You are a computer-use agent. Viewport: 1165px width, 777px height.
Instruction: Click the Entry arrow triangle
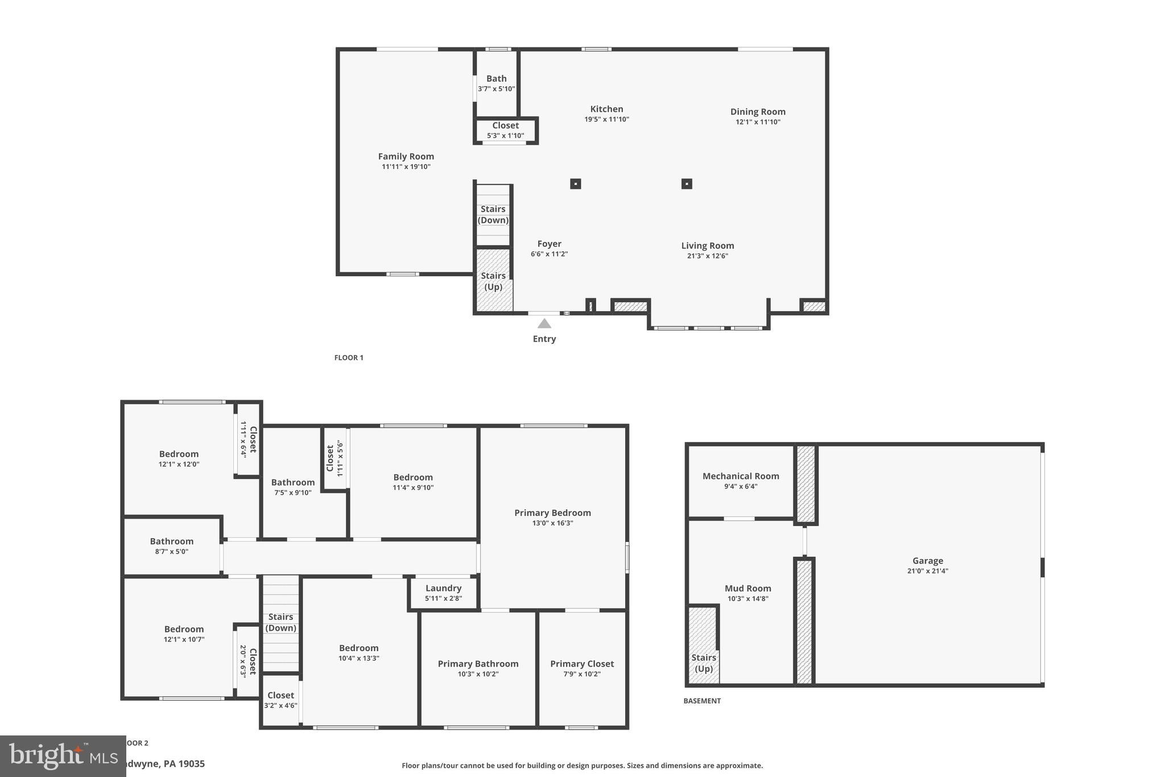click(544, 323)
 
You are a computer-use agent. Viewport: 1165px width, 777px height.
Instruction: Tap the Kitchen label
click(606, 109)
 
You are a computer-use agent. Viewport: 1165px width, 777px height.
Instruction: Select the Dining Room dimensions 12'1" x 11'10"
click(758, 122)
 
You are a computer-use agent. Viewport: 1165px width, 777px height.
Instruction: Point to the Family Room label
click(406, 156)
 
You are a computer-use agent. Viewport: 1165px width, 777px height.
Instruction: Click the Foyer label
click(549, 244)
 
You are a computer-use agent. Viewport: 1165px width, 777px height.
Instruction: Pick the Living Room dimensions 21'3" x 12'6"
click(707, 256)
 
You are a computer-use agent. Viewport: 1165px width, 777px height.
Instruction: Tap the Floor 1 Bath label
click(496, 79)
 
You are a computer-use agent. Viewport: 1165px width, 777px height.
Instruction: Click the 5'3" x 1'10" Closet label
click(505, 125)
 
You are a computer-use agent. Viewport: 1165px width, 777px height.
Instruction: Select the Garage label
click(927, 561)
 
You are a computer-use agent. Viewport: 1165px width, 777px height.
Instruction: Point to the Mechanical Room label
click(740, 476)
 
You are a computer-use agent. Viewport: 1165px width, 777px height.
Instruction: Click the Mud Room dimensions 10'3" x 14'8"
click(747, 598)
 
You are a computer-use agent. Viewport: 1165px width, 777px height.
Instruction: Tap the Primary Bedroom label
click(552, 512)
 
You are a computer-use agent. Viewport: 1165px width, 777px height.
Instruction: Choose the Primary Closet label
click(581, 664)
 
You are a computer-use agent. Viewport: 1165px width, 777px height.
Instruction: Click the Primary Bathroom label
click(478, 664)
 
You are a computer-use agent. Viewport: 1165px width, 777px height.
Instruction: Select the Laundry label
click(443, 588)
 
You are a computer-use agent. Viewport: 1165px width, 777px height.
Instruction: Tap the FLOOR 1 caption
click(349, 357)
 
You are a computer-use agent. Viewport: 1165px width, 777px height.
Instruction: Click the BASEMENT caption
click(701, 701)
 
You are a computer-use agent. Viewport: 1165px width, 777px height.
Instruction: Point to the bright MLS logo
click(63, 756)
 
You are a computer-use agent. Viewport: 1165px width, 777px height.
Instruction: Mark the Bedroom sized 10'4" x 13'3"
click(358, 648)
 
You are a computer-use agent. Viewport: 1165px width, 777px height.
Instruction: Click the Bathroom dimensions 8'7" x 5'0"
click(171, 551)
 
